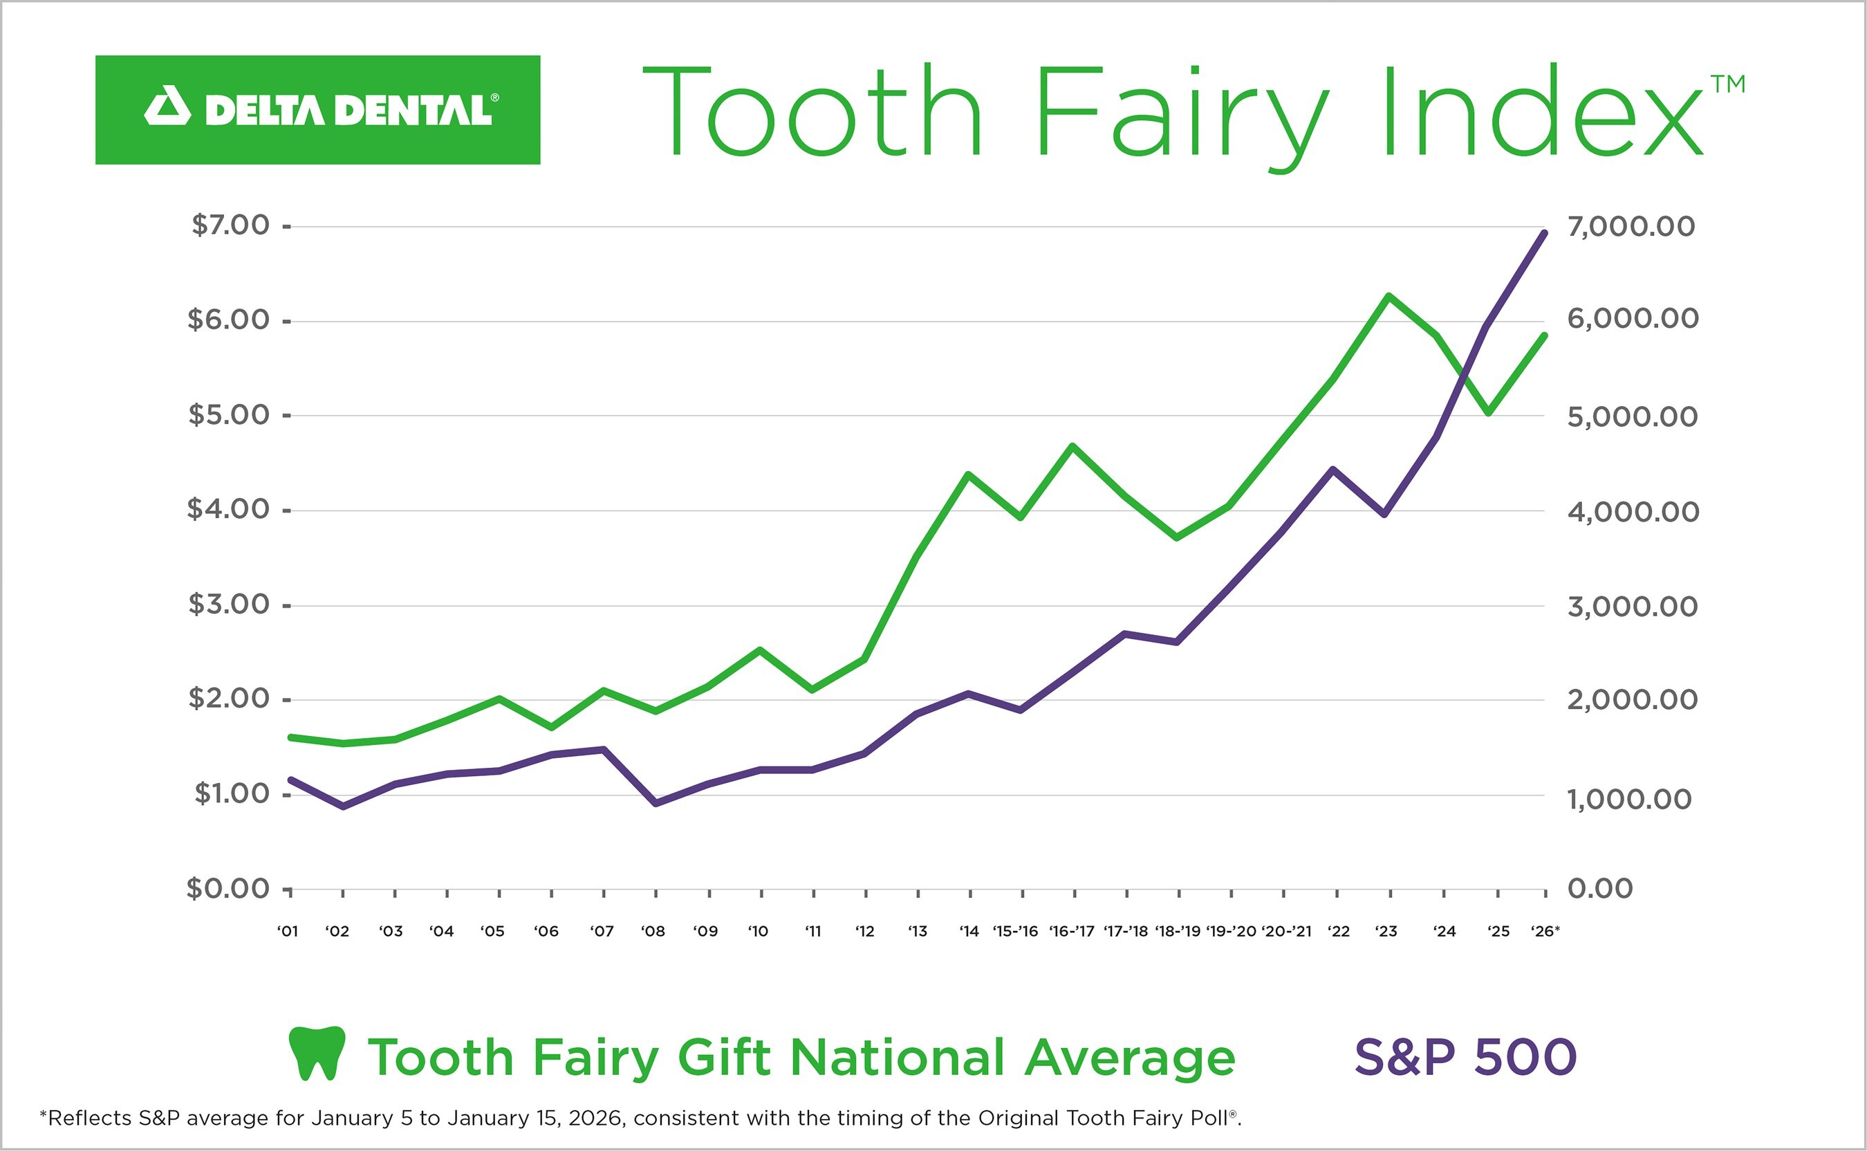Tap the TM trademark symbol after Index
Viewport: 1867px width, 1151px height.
[x=1728, y=84]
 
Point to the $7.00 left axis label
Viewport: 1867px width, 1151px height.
[x=230, y=225]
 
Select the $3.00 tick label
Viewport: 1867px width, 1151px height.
[x=229, y=605]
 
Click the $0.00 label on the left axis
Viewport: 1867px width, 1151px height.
[x=228, y=888]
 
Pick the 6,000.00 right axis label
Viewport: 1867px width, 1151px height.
[x=1633, y=318]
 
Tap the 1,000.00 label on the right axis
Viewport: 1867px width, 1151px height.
[x=1629, y=800]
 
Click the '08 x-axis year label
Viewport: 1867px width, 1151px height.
[x=653, y=931]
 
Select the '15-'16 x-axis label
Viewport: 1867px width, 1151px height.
[x=1015, y=931]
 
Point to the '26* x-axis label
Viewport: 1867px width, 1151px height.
[x=1545, y=931]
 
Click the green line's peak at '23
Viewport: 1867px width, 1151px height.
[x=1388, y=295]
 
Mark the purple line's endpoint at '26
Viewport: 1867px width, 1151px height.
[x=1543, y=233]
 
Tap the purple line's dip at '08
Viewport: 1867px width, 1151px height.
[x=656, y=803]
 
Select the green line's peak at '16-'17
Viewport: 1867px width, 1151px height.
[x=1072, y=446]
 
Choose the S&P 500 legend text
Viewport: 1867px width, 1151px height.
[x=1465, y=1058]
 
